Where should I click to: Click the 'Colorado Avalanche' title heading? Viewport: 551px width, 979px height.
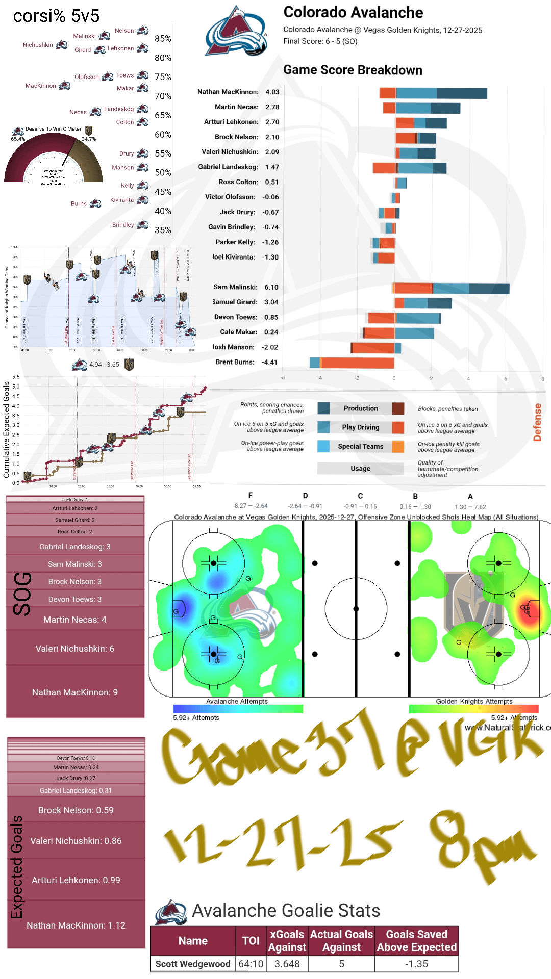pyautogui.click(x=353, y=12)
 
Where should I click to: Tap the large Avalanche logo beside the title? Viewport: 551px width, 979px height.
pyautogui.click(x=236, y=32)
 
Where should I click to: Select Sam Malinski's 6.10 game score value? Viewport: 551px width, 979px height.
pyautogui.click(x=271, y=288)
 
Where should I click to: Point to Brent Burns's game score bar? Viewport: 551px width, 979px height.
pyautogui.click(x=352, y=363)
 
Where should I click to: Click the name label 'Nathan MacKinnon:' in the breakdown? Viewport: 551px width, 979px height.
pyautogui.click(x=228, y=92)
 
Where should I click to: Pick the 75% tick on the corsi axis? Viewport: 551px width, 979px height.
pyautogui.click(x=163, y=77)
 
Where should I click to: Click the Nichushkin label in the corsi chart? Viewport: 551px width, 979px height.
pyautogui.click(x=38, y=45)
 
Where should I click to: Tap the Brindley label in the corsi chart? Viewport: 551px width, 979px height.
pyautogui.click(x=123, y=225)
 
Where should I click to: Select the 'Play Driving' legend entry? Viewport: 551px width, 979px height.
pyautogui.click(x=360, y=427)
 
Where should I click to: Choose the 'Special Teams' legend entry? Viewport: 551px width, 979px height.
pyautogui.click(x=360, y=447)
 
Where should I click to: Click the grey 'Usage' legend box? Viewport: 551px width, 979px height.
pyautogui.click(x=360, y=469)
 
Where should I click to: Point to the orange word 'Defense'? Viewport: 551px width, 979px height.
pyautogui.click(x=537, y=422)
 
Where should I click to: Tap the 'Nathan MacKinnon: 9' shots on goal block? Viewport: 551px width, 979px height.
pyautogui.click(x=75, y=692)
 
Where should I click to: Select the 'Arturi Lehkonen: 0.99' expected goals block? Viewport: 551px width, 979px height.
pyautogui.click(x=76, y=880)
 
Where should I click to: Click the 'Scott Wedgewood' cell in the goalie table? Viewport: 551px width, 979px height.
pyautogui.click(x=193, y=964)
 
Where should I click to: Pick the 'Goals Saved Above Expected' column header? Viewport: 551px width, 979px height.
pyautogui.click(x=416, y=941)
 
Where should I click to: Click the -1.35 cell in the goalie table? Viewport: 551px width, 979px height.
pyautogui.click(x=416, y=964)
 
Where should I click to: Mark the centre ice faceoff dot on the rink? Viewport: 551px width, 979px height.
pyautogui.click(x=356, y=609)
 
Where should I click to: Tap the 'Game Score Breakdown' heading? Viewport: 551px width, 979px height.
pyautogui.click(x=353, y=70)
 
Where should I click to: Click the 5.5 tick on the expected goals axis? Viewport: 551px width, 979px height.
pyautogui.click(x=16, y=377)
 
